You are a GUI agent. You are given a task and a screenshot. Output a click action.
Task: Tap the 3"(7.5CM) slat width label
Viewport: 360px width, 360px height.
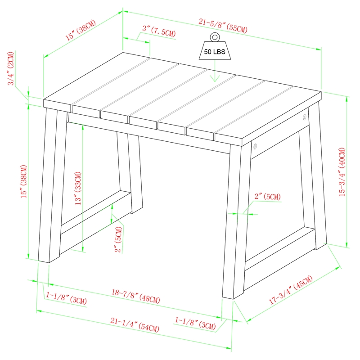159,31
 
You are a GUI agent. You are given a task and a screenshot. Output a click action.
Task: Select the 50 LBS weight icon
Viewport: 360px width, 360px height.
215,51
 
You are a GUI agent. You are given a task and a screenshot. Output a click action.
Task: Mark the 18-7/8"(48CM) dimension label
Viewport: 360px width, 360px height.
135,295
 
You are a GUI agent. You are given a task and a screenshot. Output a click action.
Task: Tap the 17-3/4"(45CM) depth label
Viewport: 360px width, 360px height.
290,292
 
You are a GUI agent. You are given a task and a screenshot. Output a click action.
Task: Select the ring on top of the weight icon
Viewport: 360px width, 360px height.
215,37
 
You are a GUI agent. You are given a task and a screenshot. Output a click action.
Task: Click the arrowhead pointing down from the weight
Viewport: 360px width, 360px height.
215,78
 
